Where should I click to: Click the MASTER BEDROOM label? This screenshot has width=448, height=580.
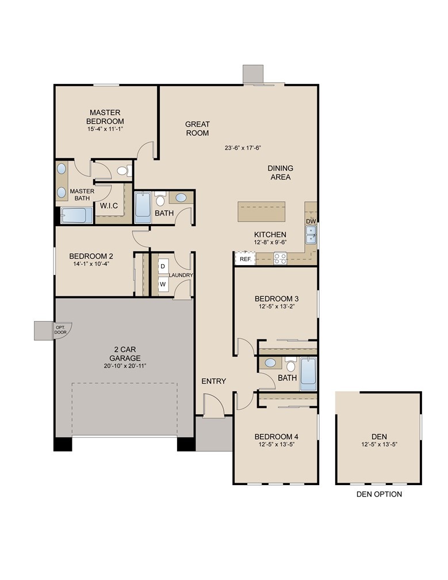coord(105,117)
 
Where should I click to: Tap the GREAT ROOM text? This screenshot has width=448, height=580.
coord(197,128)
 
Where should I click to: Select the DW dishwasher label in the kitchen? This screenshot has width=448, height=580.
coord(311,221)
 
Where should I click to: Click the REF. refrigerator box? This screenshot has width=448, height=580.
coord(245,260)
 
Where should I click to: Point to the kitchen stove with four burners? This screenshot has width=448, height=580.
coord(280,259)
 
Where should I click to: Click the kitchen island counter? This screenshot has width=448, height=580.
coord(262,212)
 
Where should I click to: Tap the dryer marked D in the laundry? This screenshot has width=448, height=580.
coord(163,266)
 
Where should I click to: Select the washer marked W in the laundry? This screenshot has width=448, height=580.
coord(163,284)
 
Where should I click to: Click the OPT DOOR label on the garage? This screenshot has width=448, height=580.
coord(60,330)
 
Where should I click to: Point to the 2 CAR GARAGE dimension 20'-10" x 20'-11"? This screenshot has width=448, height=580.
coord(126,366)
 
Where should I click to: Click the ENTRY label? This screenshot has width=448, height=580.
coord(213,381)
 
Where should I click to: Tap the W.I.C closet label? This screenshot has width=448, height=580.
coord(109,205)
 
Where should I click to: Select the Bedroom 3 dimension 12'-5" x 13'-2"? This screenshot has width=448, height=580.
coord(277,307)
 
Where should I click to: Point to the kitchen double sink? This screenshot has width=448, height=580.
coord(311,235)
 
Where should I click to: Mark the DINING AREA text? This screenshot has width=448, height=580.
coord(280,173)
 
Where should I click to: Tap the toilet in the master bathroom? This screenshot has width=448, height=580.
coord(123,170)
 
